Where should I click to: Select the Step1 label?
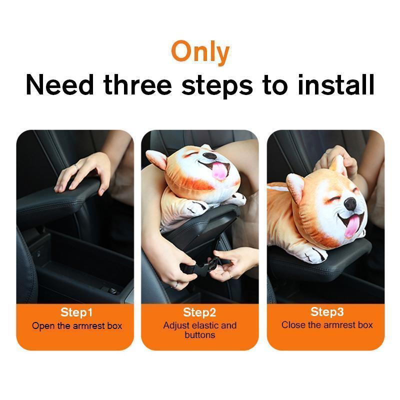pos(76,313)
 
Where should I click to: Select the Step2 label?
pos(199,313)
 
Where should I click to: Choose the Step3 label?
pos(327,312)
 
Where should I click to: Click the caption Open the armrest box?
pos(76,326)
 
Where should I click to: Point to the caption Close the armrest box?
pos(327,325)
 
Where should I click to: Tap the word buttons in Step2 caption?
pos(199,335)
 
